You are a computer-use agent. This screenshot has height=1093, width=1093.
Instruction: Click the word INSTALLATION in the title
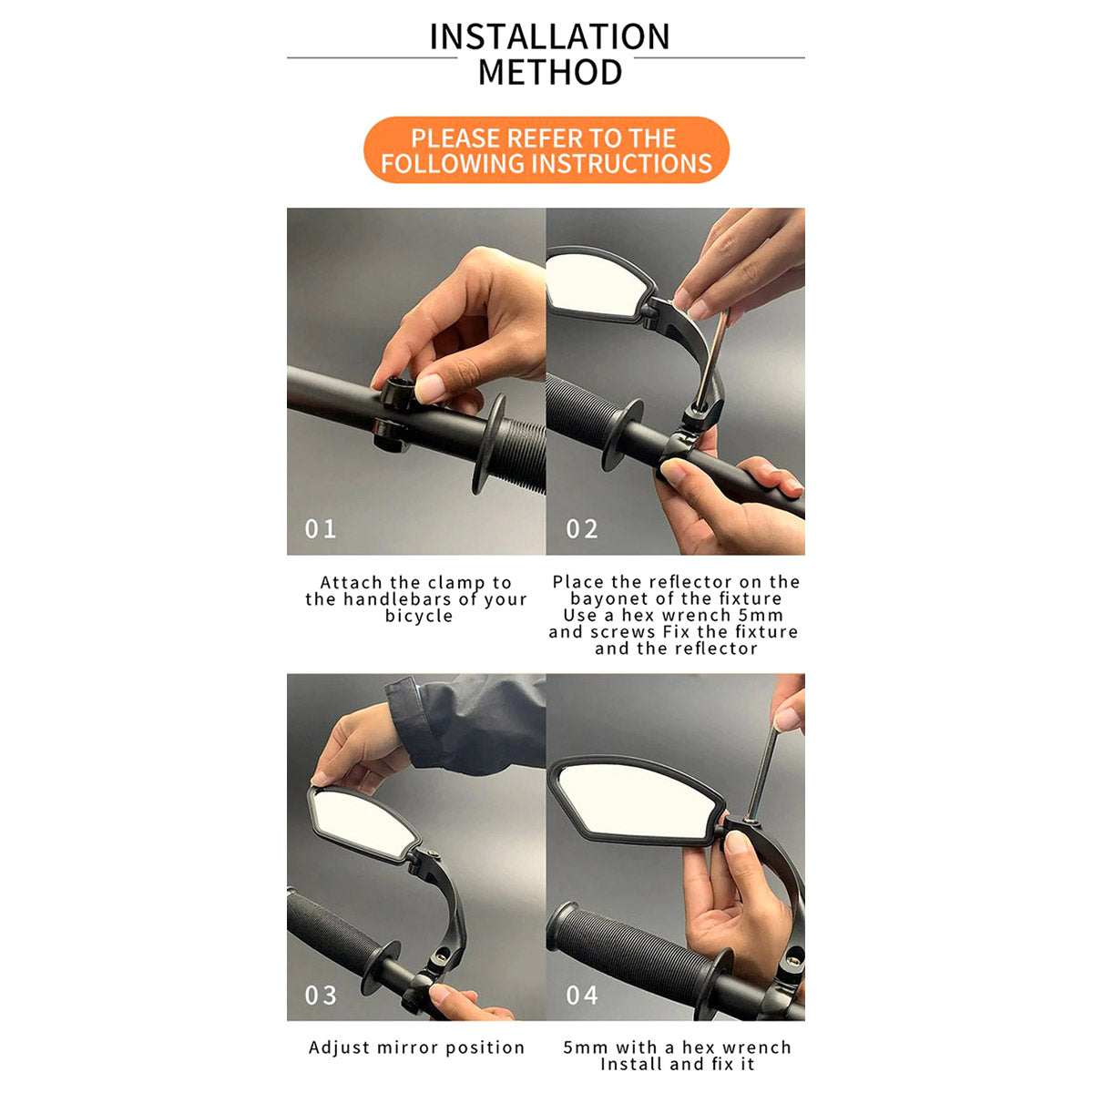549,36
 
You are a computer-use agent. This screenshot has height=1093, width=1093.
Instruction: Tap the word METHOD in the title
549,72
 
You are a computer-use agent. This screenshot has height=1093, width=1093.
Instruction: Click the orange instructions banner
546,150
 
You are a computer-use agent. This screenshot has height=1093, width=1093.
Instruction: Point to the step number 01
320,528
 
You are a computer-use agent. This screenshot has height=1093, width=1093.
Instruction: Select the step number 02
581,528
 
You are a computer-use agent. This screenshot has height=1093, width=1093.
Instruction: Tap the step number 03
321,995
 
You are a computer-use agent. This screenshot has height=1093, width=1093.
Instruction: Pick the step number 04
581,995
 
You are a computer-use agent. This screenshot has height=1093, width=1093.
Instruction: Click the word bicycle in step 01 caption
419,616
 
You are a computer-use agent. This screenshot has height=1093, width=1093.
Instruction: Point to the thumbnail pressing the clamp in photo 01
429,388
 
